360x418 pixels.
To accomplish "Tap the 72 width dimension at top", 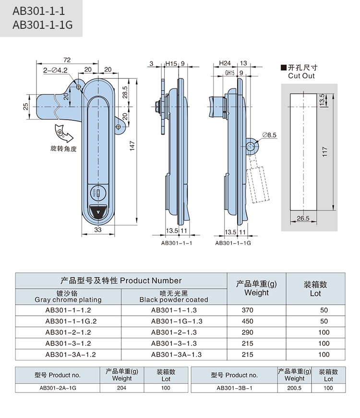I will tap(67, 60).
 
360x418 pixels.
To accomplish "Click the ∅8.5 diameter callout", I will tap(269, 136).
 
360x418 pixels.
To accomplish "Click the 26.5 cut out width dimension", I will tap(302, 219).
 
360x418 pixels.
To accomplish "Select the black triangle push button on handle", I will tap(99, 212).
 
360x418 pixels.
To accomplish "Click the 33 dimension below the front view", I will tap(97, 230).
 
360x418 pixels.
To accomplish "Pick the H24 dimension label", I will tap(225, 63).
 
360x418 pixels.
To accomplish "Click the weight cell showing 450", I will tap(247, 321).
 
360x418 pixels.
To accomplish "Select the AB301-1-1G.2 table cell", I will tap(68, 321).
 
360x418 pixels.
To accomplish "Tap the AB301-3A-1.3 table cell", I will tap(176, 355).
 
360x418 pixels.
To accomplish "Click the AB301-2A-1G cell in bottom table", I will tap(58, 388).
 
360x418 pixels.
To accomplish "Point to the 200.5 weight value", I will tap(294, 388).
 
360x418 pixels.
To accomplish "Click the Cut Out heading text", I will tap(301, 76).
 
